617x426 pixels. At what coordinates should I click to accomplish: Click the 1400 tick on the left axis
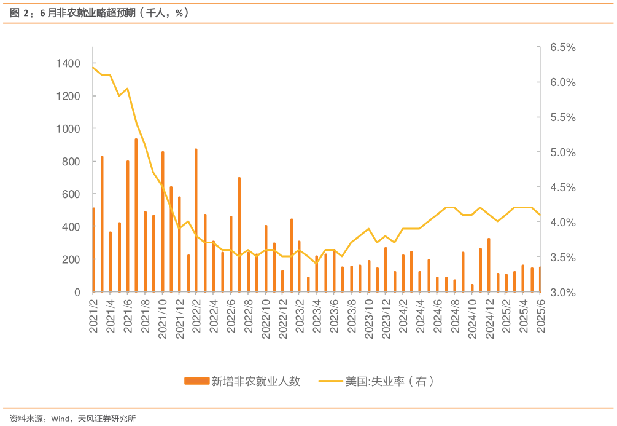69,63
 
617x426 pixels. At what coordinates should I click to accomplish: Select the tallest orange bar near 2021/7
136,215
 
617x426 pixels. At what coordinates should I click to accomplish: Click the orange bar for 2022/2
196,220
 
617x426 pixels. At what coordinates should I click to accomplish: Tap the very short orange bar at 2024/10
473,288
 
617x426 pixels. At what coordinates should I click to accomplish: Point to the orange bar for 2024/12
489,265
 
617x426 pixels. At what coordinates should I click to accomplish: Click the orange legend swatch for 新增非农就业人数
196,382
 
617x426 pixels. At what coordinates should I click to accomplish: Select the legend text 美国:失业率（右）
389,382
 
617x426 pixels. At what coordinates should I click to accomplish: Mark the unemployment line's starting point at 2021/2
93,66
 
